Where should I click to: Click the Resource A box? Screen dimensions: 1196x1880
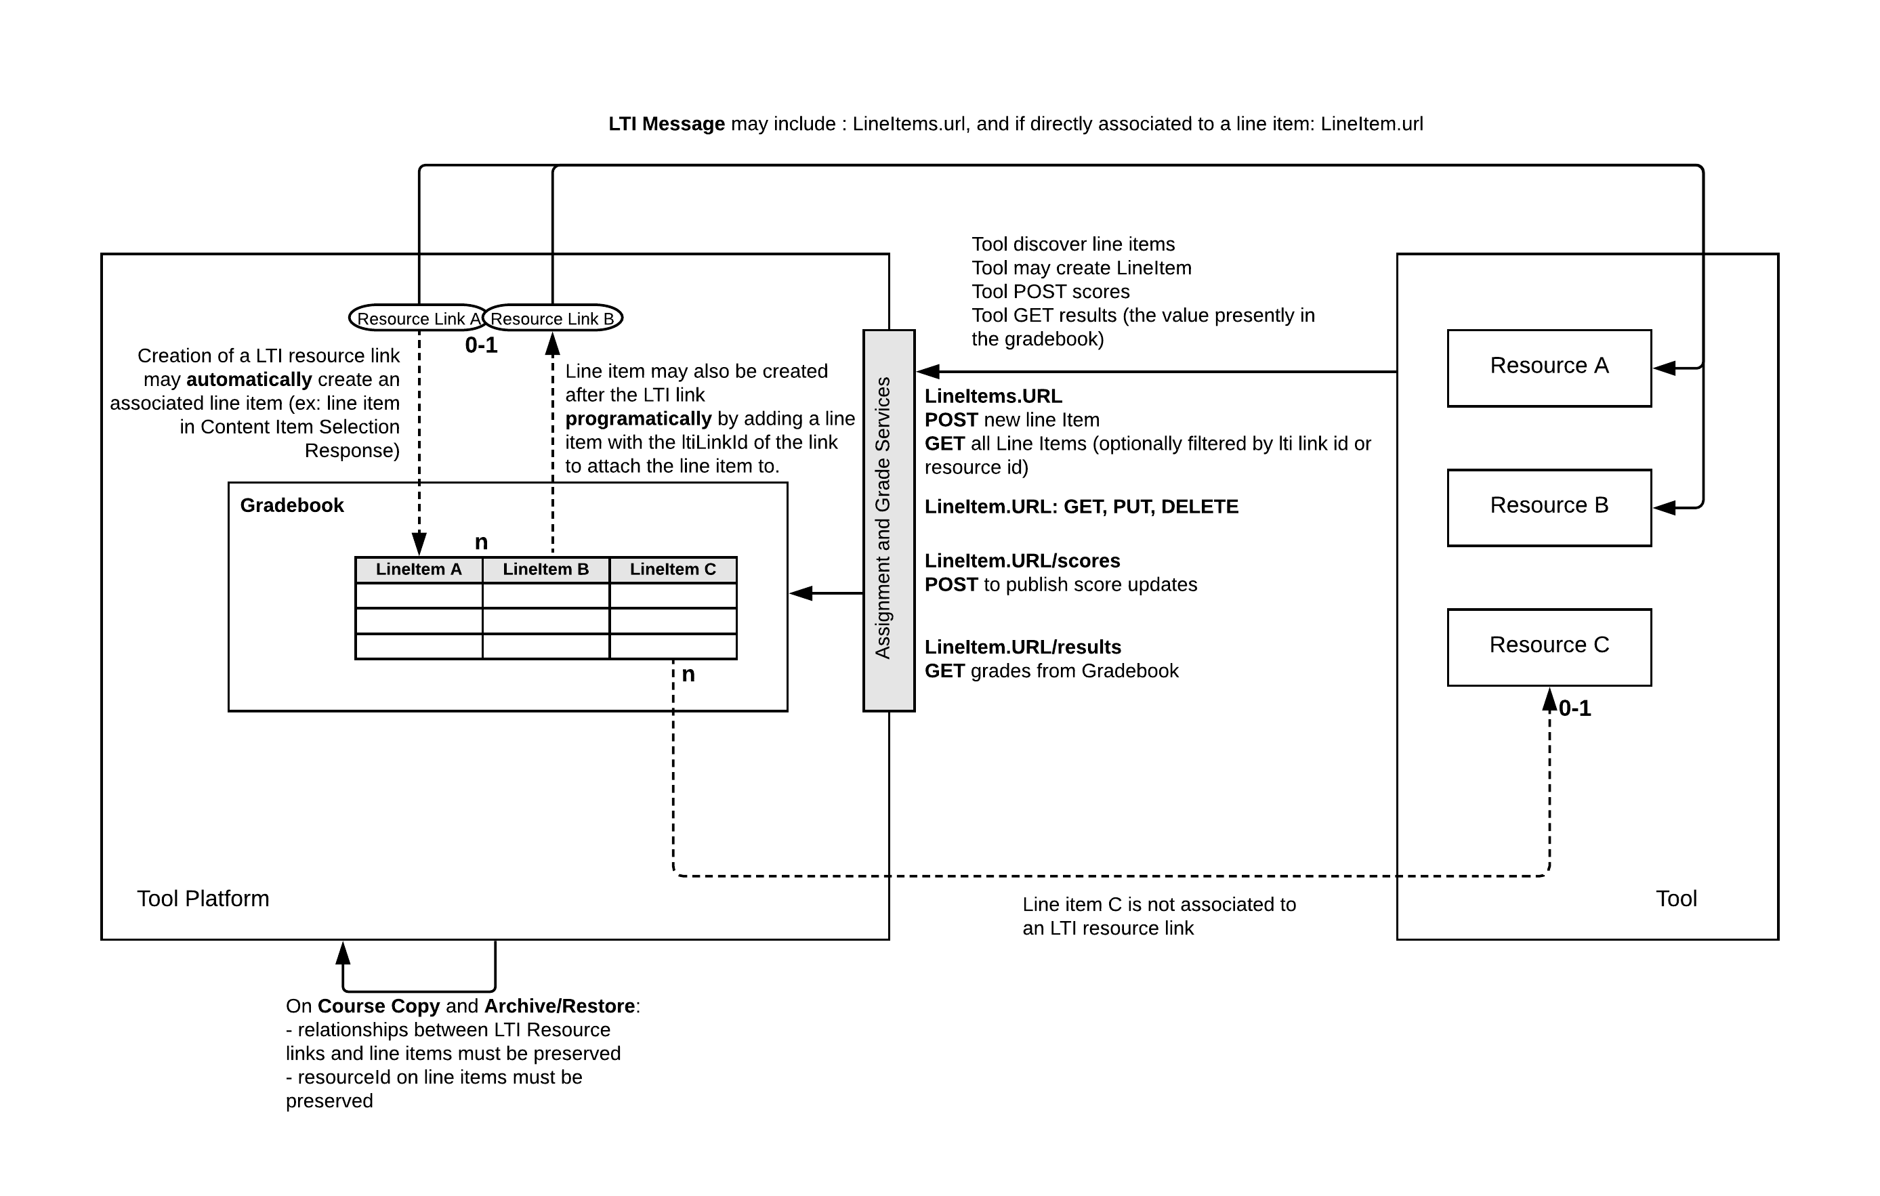pyautogui.click(x=1548, y=368)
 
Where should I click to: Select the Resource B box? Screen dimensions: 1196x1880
pyautogui.click(x=1548, y=507)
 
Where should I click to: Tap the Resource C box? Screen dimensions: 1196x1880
pyautogui.click(x=1548, y=647)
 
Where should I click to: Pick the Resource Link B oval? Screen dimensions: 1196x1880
pyautogui.click(x=553, y=318)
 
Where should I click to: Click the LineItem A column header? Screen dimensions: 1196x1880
pyautogui.click(x=419, y=569)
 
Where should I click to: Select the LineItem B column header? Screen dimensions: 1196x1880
pyautogui.click(x=546, y=569)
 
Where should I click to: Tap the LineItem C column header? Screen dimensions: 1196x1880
pyautogui.click(x=672, y=569)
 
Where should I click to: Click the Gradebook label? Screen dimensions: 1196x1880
pyautogui.click(x=291, y=505)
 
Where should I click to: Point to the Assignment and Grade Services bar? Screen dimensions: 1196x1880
pyautogui.click(x=888, y=520)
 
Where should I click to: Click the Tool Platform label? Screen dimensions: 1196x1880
pyautogui.click(x=203, y=899)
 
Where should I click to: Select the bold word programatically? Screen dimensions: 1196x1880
pyautogui.click(x=638, y=419)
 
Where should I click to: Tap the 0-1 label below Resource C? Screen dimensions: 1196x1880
pyautogui.click(x=1574, y=708)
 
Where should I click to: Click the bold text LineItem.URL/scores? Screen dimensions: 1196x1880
pyautogui.click(x=1022, y=561)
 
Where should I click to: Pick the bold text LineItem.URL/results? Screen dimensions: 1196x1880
pyautogui.click(x=1023, y=647)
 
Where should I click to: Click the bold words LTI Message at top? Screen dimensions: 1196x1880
pyautogui.click(x=667, y=124)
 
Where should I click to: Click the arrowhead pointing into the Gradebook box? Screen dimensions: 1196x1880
pyautogui.click(x=799, y=593)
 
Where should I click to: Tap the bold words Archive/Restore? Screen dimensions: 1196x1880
pyautogui.click(x=559, y=1006)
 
